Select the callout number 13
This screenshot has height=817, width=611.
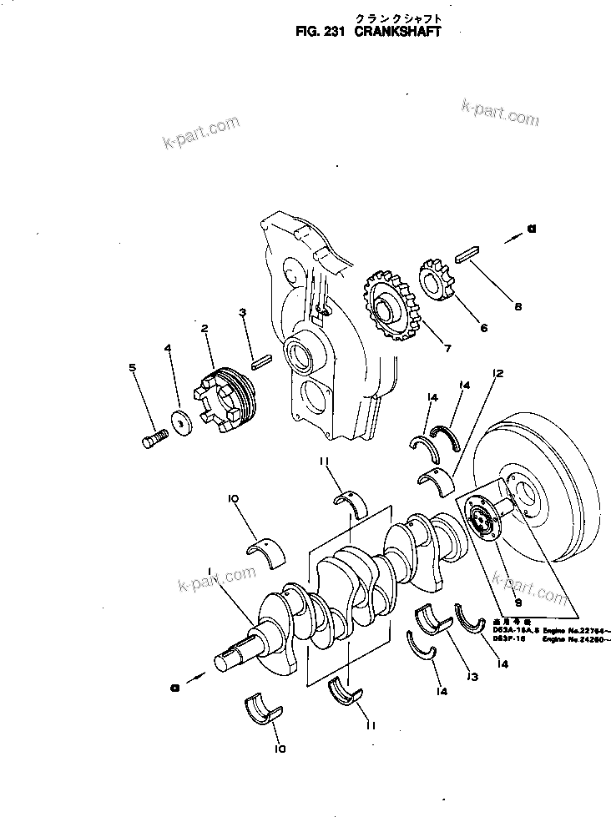point(472,677)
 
